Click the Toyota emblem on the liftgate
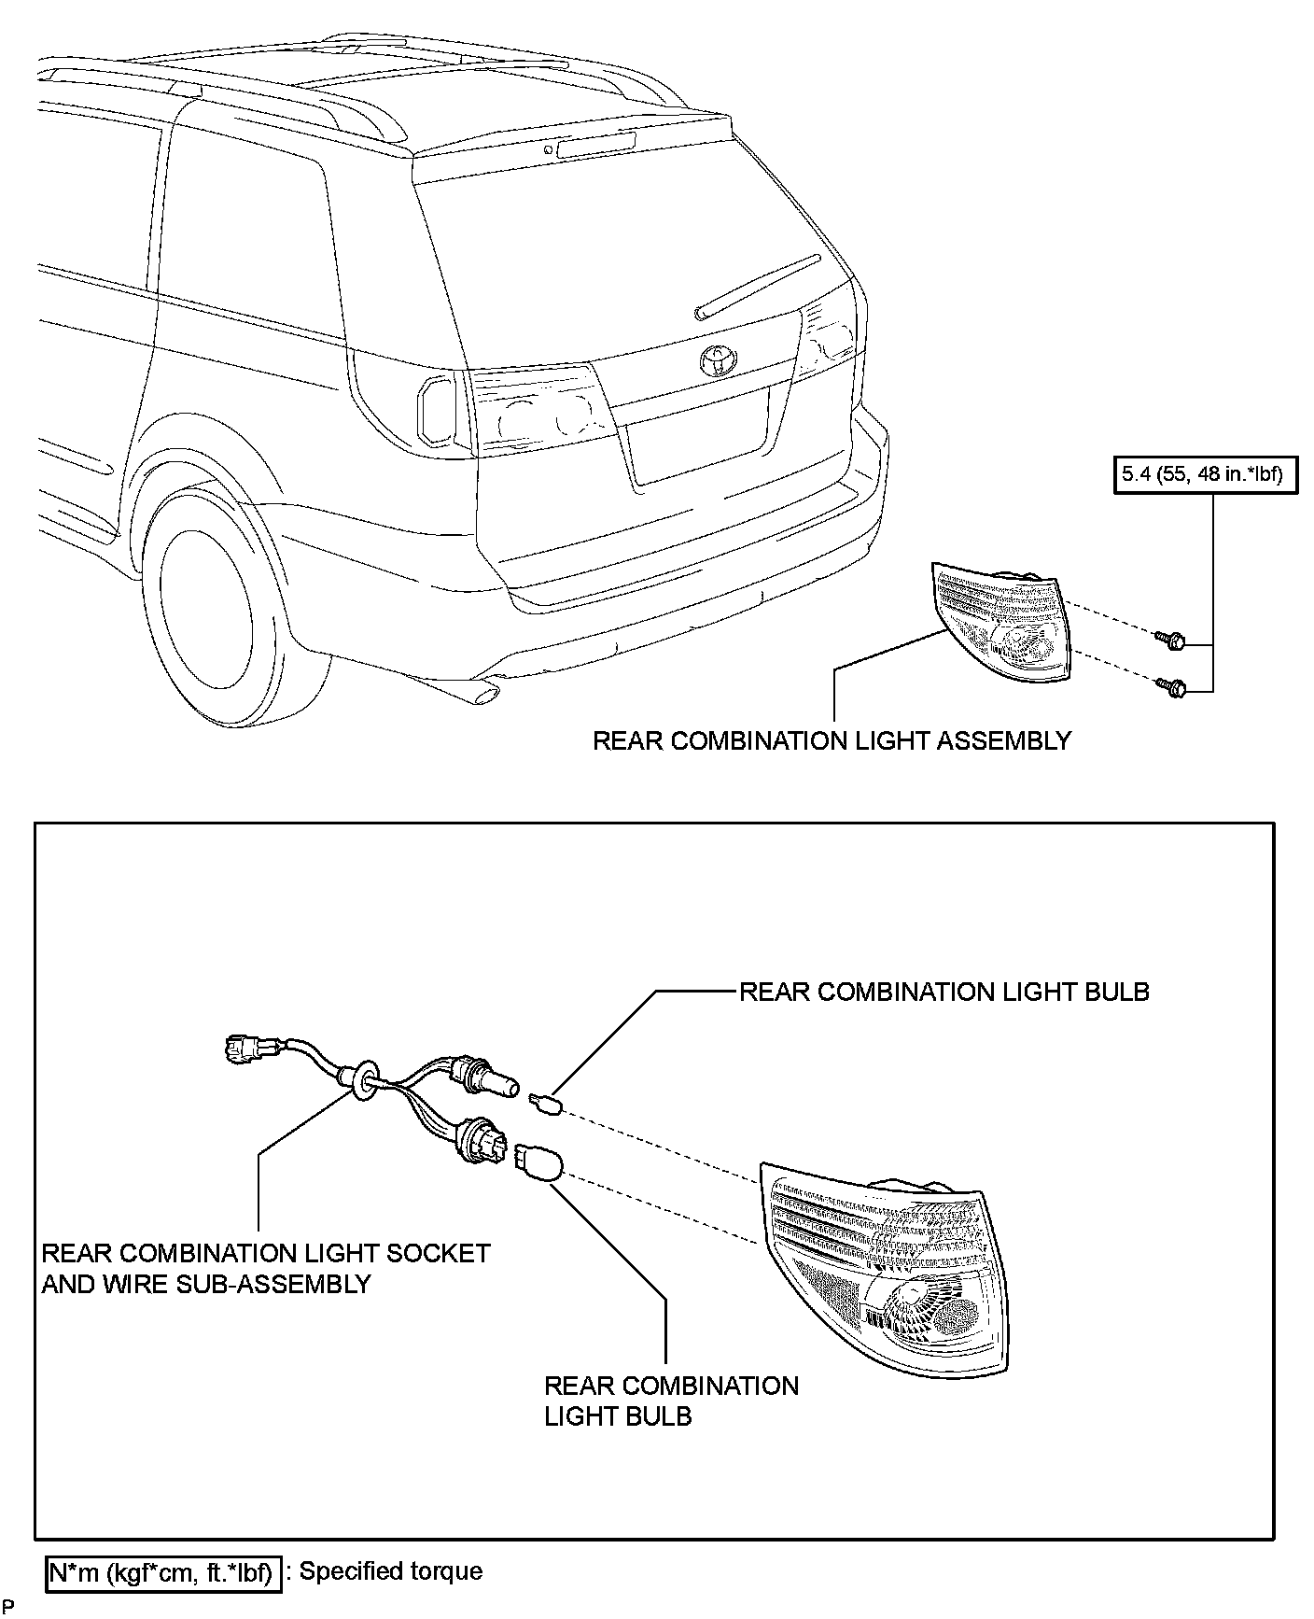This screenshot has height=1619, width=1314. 719,359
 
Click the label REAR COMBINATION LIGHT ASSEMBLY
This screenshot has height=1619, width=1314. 832,741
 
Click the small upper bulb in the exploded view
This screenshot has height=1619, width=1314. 545,1105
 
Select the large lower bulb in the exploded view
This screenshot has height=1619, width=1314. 538,1161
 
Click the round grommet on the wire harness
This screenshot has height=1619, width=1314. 362,1077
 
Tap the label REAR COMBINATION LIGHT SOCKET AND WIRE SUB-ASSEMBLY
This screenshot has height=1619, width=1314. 266,1268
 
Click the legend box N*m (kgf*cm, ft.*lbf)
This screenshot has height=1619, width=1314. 161,1573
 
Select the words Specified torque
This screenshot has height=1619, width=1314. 391,1571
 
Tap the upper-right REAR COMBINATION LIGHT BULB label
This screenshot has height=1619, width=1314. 944,992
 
